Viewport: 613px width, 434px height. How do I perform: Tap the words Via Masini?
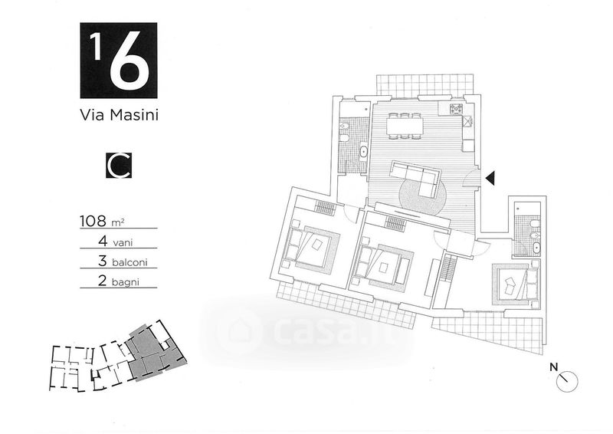(x=119, y=115)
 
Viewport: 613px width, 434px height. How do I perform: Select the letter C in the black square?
(x=119, y=165)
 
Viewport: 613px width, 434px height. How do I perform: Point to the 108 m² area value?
(x=102, y=221)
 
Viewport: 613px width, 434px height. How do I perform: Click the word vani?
(x=123, y=243)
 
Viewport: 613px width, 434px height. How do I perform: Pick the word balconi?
(x=129, y=261)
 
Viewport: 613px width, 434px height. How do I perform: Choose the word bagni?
(x=125, y=281)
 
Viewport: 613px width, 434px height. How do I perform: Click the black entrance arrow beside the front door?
(x=490, y=178)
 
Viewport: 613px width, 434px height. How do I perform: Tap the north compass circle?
(x=567, y=381)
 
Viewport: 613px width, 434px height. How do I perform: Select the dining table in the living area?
(x=405, y=126)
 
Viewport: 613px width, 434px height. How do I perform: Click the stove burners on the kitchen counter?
(x=455, y=108)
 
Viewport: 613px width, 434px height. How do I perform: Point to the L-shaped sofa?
(x=415, y=179)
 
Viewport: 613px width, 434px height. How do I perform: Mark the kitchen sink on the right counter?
(x=468, y=122)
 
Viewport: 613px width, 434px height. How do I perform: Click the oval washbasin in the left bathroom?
(x=363, y=152)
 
